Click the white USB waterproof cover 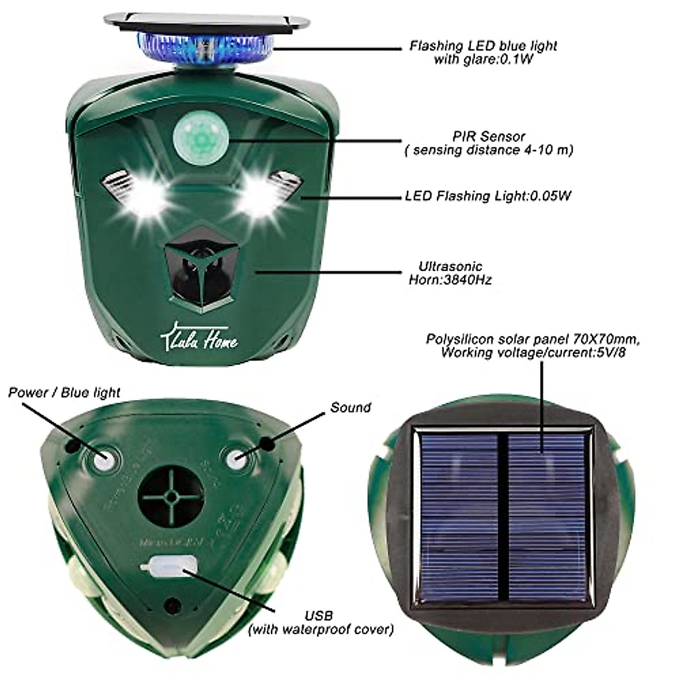(x=169, y=566)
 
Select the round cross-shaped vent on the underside (x=171, y=497)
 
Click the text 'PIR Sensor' (x=489, y=137)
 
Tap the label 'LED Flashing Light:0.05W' (x=488, y=196)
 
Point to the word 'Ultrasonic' (x=450, y=266)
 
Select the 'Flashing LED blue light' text (x=483, y=46)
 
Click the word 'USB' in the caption (x=318, y=615)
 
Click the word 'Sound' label (x=351, y=407)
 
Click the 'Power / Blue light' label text (x=64, y=392)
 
